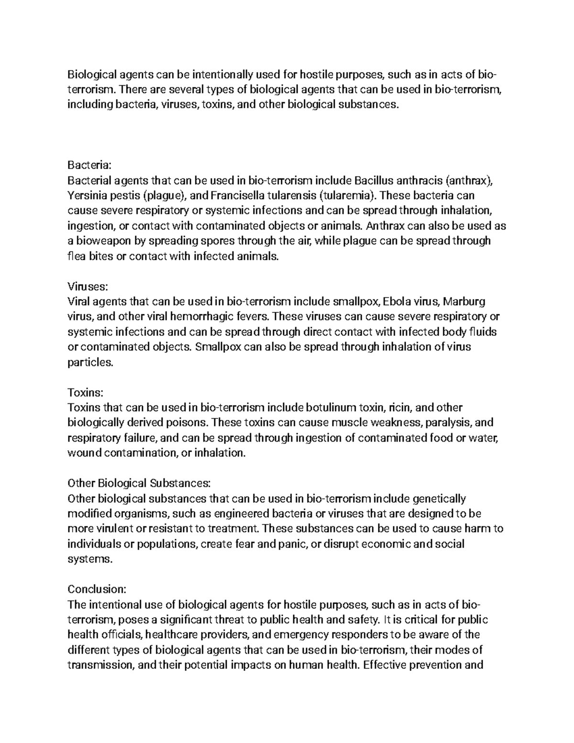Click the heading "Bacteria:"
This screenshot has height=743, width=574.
[89, 166]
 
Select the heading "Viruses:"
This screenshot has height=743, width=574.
[88, 287]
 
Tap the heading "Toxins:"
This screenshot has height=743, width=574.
[85, 392]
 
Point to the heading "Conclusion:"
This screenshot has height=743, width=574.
[96, 589]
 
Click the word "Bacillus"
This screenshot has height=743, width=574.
[374, 181]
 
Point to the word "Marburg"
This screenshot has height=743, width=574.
[464, 302]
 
